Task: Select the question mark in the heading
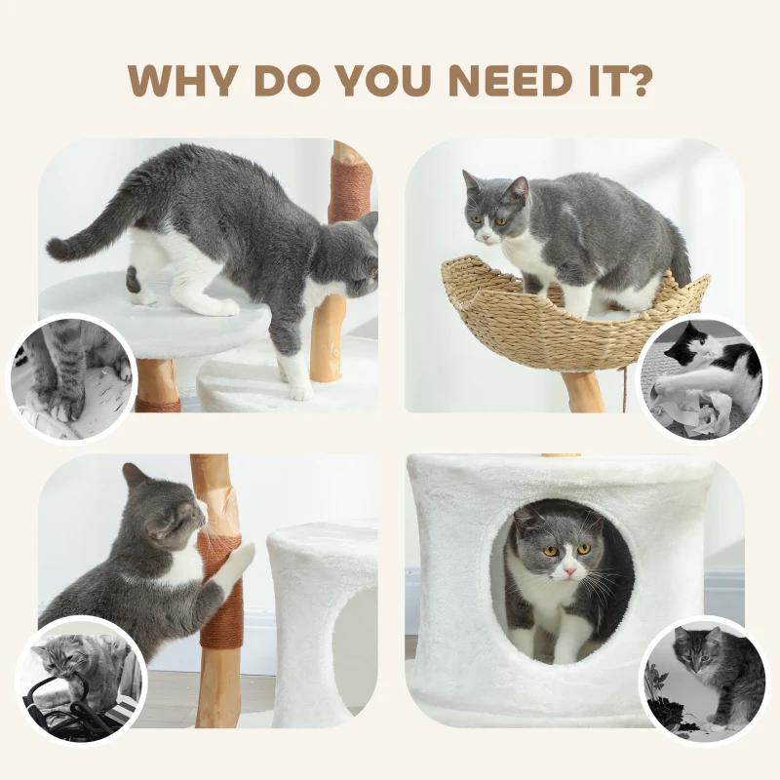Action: [637, 80]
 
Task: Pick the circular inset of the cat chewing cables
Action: [80, 681]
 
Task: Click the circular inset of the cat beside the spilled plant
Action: [704, 680]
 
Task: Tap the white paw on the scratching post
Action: [237, 560]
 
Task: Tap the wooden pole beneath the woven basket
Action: [585, 391]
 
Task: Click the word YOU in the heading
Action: [375, 80]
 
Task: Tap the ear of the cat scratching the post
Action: [136, 476]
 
